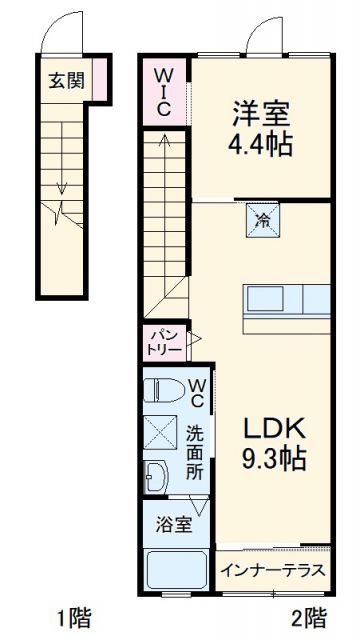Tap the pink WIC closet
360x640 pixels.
pyautogui.click(x=162, y=90)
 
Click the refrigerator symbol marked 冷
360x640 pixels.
pyautogui.click(x=262, y=220)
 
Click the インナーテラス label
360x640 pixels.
pyautogui.click(x=273, y=572)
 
